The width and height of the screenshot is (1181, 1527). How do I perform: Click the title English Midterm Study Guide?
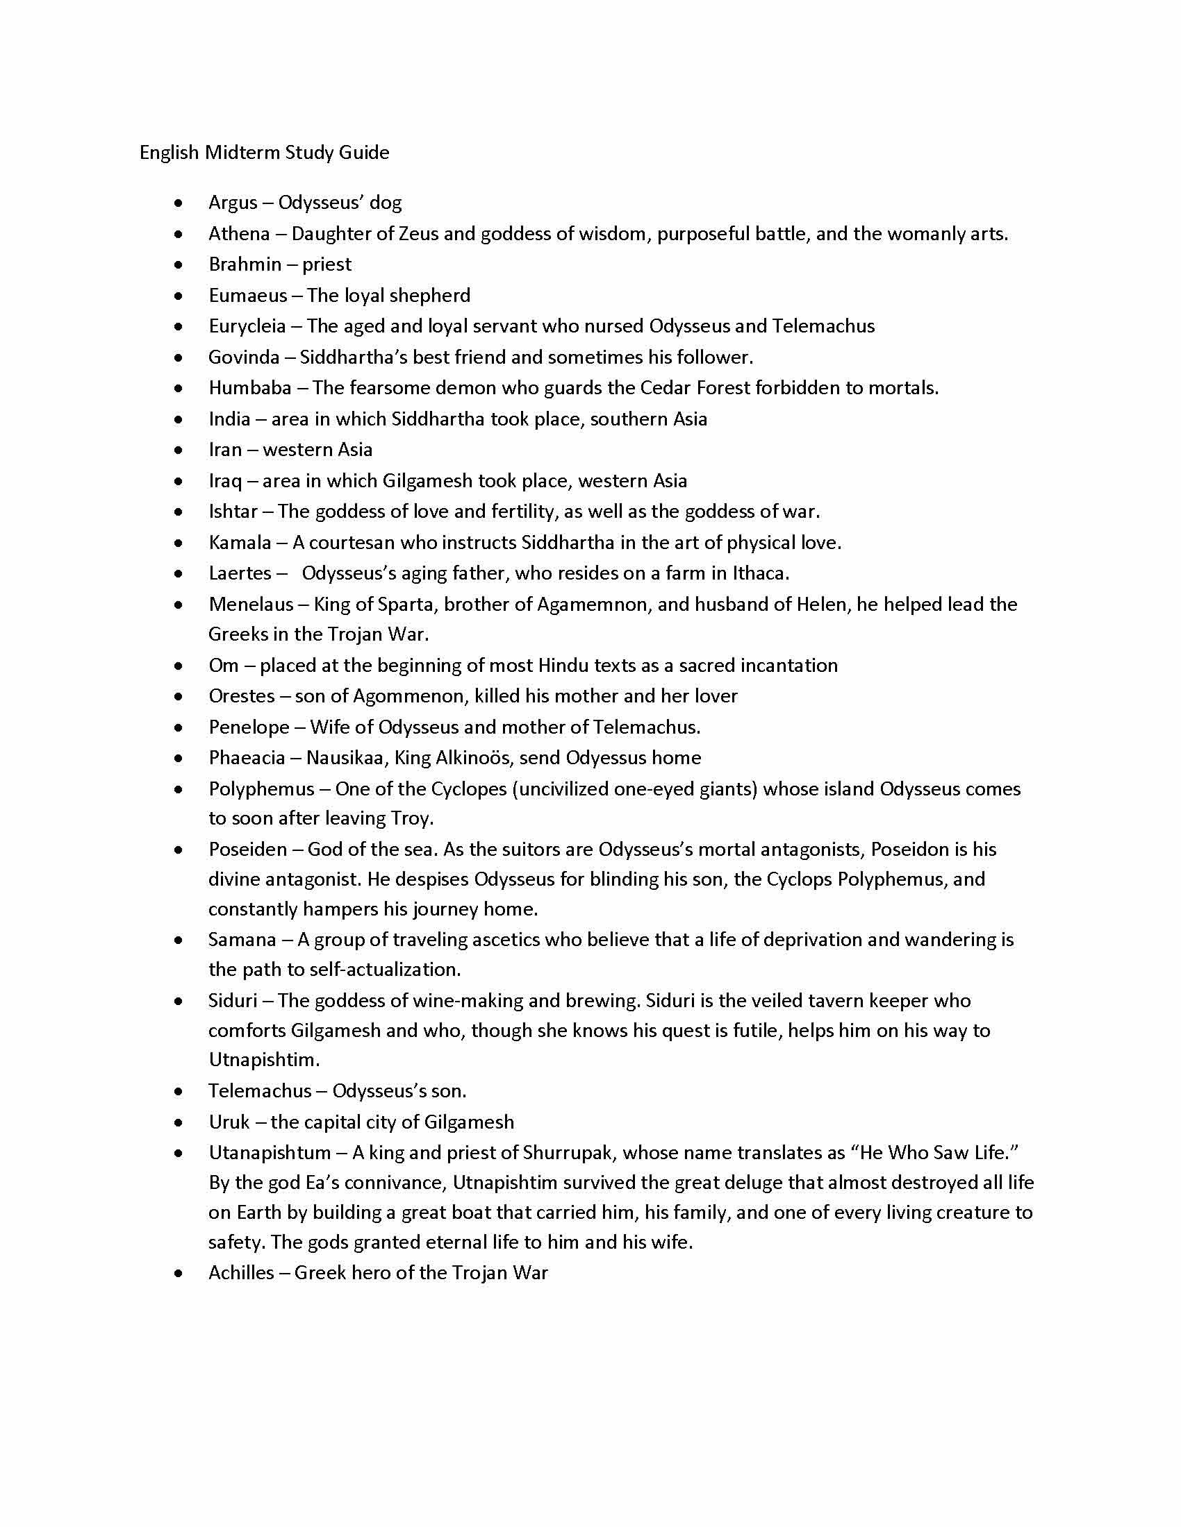pos(264,153)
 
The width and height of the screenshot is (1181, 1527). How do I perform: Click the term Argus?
pos(233,203)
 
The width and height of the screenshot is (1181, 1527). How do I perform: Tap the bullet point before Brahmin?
pos(180,265)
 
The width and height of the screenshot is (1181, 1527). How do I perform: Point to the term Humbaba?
pos(250,388)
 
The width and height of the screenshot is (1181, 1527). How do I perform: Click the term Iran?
pos(224,450)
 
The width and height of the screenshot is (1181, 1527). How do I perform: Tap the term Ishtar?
pos(233,512)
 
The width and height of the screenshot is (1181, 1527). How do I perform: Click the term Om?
pos(223,666)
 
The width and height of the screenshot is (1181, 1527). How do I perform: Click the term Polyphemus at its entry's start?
pos(261,789)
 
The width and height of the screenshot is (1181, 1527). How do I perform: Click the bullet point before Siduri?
pos(180,1002)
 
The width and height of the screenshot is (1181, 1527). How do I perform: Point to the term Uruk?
pos(229,1122)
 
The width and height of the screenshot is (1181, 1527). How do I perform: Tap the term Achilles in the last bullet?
pos(241,1273)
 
